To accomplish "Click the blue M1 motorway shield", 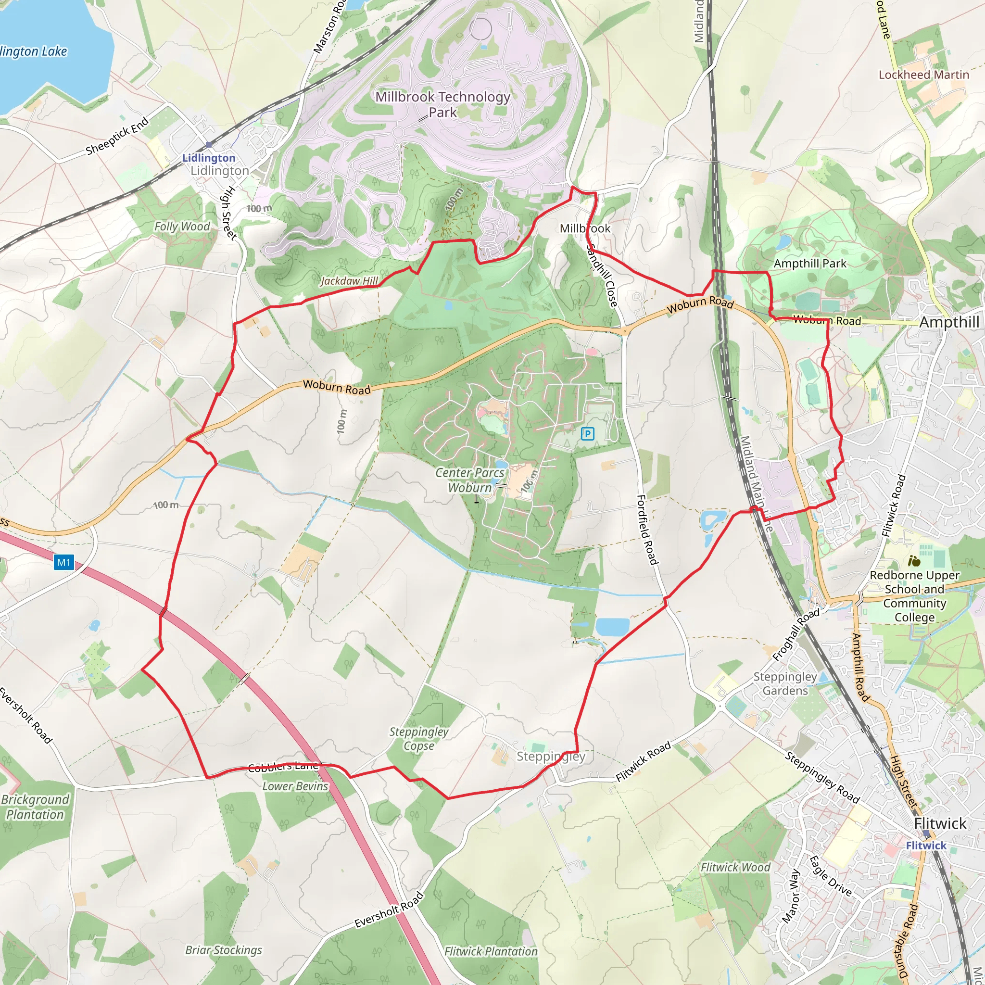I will point(64,562).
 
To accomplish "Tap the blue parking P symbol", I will point(587,434).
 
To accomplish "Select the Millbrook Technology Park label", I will point(442,104).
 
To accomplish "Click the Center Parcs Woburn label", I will point(469,480).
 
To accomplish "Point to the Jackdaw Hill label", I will point(349,281).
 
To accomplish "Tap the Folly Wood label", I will point(182,227).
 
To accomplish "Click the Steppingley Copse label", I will point(418,739).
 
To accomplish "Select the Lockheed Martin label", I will point(923,75).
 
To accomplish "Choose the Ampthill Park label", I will point(809,264).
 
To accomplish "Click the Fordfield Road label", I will point(648,530).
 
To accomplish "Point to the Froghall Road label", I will point(796,635).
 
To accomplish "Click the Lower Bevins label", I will point(295,786).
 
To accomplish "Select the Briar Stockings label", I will point(223,950).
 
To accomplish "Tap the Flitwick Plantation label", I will point(491,951).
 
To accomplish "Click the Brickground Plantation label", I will point(35,807).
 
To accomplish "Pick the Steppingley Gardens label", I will point(785,684).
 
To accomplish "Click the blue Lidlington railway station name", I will point(209,158).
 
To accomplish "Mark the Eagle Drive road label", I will point(831,876).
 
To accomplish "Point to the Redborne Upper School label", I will point(915,596).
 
